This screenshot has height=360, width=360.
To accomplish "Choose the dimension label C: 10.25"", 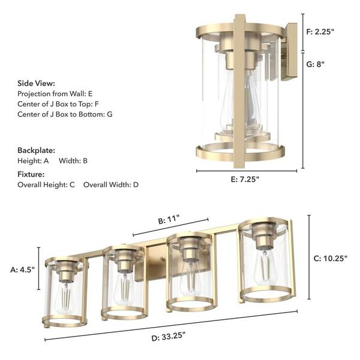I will point(332,259).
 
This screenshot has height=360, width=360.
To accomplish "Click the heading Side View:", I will point(36,83).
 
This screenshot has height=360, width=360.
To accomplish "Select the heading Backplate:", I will point(36,150).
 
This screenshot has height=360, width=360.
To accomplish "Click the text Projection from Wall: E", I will point(55,94).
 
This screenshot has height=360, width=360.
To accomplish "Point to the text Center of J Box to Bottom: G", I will point(65,113).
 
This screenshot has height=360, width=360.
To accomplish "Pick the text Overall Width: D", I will point(111,185).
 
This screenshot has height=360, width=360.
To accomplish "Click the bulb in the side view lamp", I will point(236,105).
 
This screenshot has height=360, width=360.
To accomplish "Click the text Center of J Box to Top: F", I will point(58,103).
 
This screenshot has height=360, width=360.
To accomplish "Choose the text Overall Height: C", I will point(46,185).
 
